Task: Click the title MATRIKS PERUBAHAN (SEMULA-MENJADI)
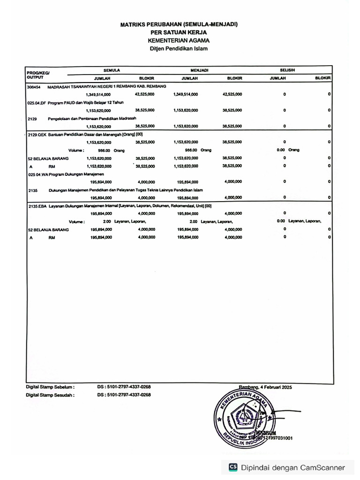coord(179,24)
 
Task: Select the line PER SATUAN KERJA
coord(179,32)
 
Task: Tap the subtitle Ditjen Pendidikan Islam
coord(179,48)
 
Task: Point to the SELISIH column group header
coord(287,70)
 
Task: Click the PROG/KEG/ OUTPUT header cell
coord(38,75)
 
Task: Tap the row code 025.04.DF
coord(36,102)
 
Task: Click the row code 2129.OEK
coord(37,134)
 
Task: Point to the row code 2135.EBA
coord(37,206)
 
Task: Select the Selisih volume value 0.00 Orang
coord(288,150)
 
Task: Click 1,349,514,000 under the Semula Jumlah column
coord(98,94)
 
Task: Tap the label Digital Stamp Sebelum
coord(50,387)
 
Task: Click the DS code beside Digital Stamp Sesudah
coord(124,395)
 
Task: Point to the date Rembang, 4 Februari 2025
coord(265,387)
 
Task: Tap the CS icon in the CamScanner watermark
coord(233,467)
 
